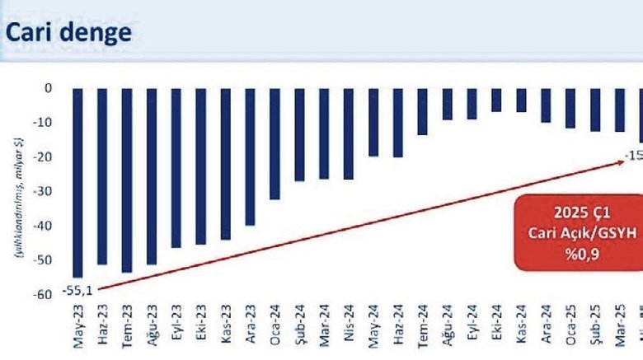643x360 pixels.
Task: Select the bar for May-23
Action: [77, 182]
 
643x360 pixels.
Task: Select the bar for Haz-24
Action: [398, 122]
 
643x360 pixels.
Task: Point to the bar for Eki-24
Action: [496, 100]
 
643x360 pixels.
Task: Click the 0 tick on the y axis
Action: [49, 88]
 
